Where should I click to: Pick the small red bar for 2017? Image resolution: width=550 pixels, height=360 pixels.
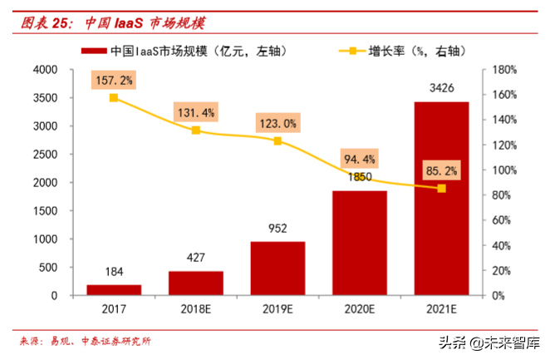(x=114, y=289)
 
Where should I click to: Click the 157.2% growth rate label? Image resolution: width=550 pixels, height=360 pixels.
(x=115, y=80)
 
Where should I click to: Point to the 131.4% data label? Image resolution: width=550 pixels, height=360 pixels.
(x=196, y=112)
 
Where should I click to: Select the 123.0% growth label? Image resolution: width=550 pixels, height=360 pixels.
(x=277, y=123)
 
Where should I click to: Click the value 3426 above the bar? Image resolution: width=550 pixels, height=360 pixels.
(x=441, y=86)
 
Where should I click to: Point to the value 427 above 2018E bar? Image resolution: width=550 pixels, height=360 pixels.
(x=196, y=257)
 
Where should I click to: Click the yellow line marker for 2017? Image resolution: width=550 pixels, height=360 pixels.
(x=114, y=98)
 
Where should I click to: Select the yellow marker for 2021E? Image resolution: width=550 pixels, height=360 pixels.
(x=441, y=188)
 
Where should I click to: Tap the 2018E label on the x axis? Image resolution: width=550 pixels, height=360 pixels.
(x=196, y=311)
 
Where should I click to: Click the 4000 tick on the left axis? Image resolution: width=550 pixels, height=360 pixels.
(x=47, y=70)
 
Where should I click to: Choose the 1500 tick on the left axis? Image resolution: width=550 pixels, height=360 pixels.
(x=47, y=211)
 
